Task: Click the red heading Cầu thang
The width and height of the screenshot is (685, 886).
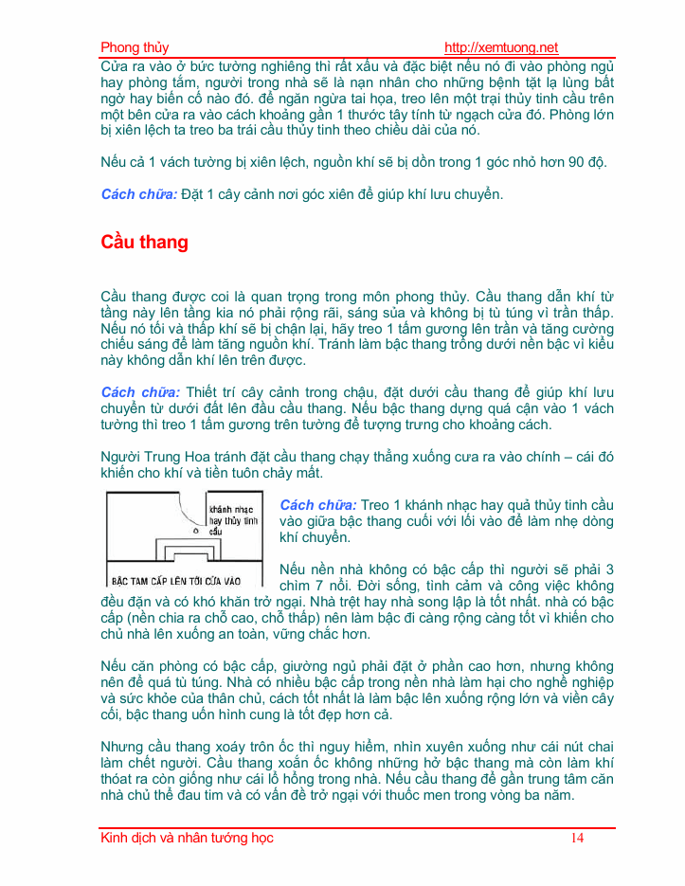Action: tap(144, 243)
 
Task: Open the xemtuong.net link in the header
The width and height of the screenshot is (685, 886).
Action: tap(501, 48)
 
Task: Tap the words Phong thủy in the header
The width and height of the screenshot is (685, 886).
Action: tap(135, 48)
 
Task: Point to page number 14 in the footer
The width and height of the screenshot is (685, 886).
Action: tap(577, 838)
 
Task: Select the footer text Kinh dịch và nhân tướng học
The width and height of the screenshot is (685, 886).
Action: tap(187, 838)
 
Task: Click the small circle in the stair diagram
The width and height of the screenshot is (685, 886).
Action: tap(195, 532)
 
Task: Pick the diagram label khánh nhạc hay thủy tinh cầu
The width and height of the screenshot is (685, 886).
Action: tap(232, 519)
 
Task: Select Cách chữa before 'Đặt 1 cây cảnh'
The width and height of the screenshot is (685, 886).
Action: tap(139, 195)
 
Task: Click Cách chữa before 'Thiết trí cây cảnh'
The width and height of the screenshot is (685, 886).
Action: tap(139, 392)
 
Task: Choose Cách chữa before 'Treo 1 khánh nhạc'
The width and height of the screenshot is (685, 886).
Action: tap(317, 505)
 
